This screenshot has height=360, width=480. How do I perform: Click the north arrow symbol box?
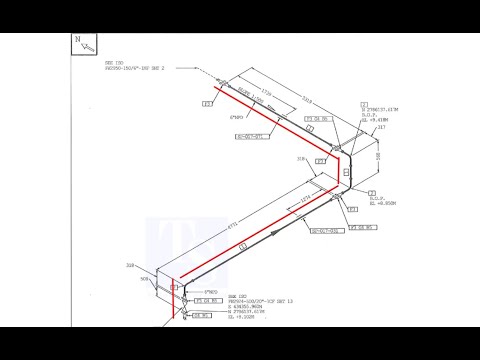[x=83, y=44]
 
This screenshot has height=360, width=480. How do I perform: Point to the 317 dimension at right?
[x=381, y=128]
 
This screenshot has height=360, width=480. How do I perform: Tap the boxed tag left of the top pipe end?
[x=207, y=103]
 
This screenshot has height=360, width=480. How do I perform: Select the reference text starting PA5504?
[x=226, y=301]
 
